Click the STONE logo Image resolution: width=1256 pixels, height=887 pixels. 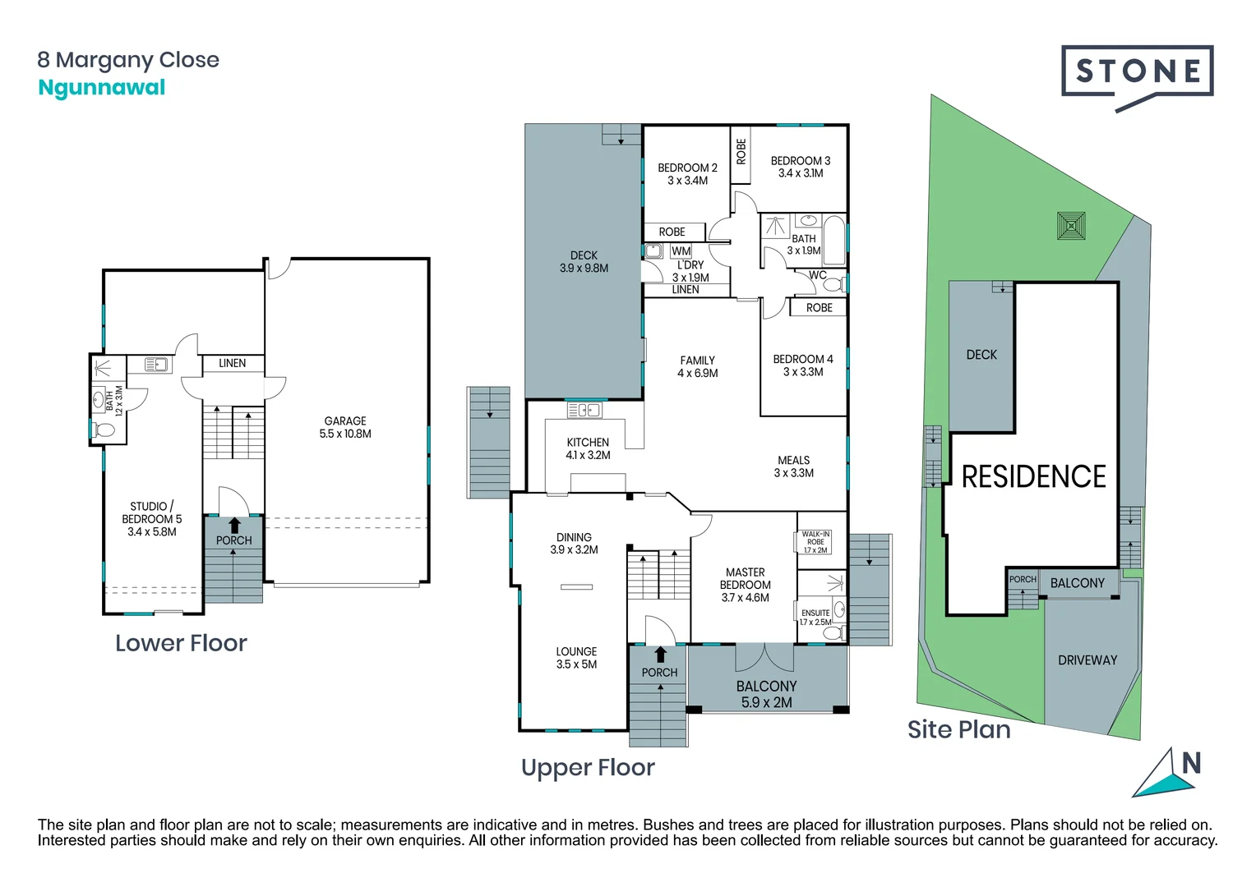tap(1137, 72)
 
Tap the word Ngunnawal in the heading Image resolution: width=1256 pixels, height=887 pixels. tap(102, 88)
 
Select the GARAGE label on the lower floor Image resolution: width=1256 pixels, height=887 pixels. tap(345, 421)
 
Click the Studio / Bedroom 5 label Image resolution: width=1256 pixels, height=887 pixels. tap(151, 519)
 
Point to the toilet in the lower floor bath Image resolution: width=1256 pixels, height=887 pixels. tap(104, 430)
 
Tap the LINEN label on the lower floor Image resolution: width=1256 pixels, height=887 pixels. tap(233, 363)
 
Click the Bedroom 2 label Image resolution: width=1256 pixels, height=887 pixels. tap(687, 168)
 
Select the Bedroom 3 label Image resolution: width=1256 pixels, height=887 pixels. tap(800, 161)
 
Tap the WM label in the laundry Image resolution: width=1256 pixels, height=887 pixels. tap(681, 251)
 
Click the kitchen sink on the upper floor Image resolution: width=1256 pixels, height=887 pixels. tap(584, 409)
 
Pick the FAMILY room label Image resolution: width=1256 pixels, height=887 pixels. tap(697, 361)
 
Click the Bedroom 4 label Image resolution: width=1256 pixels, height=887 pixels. tap(802, 359)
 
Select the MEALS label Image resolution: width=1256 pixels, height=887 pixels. tap(793, 460)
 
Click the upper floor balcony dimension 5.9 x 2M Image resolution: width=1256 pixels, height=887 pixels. tap(766, 702)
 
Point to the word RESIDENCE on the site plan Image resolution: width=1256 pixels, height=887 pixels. tap(1033, 476)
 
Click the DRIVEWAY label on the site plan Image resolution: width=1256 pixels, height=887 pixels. tap(1087, 660)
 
